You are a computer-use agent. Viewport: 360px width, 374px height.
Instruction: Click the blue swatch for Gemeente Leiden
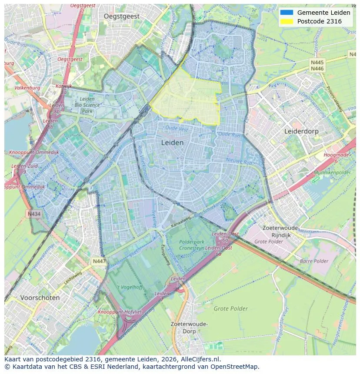point(287,13)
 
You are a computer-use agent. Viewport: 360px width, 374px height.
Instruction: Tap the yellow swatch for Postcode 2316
point(287,21)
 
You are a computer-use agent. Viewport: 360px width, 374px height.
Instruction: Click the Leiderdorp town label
point(301,131)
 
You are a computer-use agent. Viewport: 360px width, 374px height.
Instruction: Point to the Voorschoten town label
point(40,298)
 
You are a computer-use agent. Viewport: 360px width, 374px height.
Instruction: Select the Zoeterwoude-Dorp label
point(189,328)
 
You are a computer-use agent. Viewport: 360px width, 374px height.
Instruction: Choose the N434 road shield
point(34,214)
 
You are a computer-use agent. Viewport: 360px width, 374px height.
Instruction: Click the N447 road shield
point(99,261)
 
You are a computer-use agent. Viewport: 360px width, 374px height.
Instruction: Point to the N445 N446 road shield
point(317,66)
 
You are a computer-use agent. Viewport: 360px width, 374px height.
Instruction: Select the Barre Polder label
point(314,261)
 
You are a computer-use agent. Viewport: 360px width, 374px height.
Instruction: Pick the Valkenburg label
point(27,88)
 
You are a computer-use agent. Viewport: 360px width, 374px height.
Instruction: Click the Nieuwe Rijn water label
point(239,162)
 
